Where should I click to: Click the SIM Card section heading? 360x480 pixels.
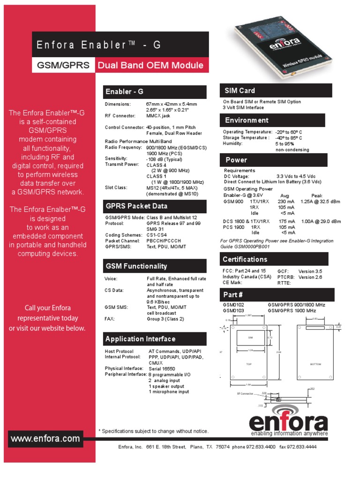point(240,90)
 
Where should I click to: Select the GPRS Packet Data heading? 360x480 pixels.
point(136,206)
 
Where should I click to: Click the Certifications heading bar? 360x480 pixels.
point(245,259)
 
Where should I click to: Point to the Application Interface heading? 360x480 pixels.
point(140,339)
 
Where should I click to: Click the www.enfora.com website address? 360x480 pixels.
point(45,439)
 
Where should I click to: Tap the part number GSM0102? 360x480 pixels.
point(233,305)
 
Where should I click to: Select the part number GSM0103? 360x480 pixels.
point(233,311)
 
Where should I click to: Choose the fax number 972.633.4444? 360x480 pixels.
point(301,447)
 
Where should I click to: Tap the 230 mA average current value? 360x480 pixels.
point(286,202)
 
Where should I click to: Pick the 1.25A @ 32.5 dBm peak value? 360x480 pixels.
point(320,202)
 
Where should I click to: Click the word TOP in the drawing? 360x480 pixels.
point(249,363)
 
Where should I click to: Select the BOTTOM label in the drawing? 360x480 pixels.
point(316,363)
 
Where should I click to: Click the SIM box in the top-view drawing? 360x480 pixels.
point(250,337)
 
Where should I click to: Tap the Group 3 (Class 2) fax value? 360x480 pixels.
point(165,319)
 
